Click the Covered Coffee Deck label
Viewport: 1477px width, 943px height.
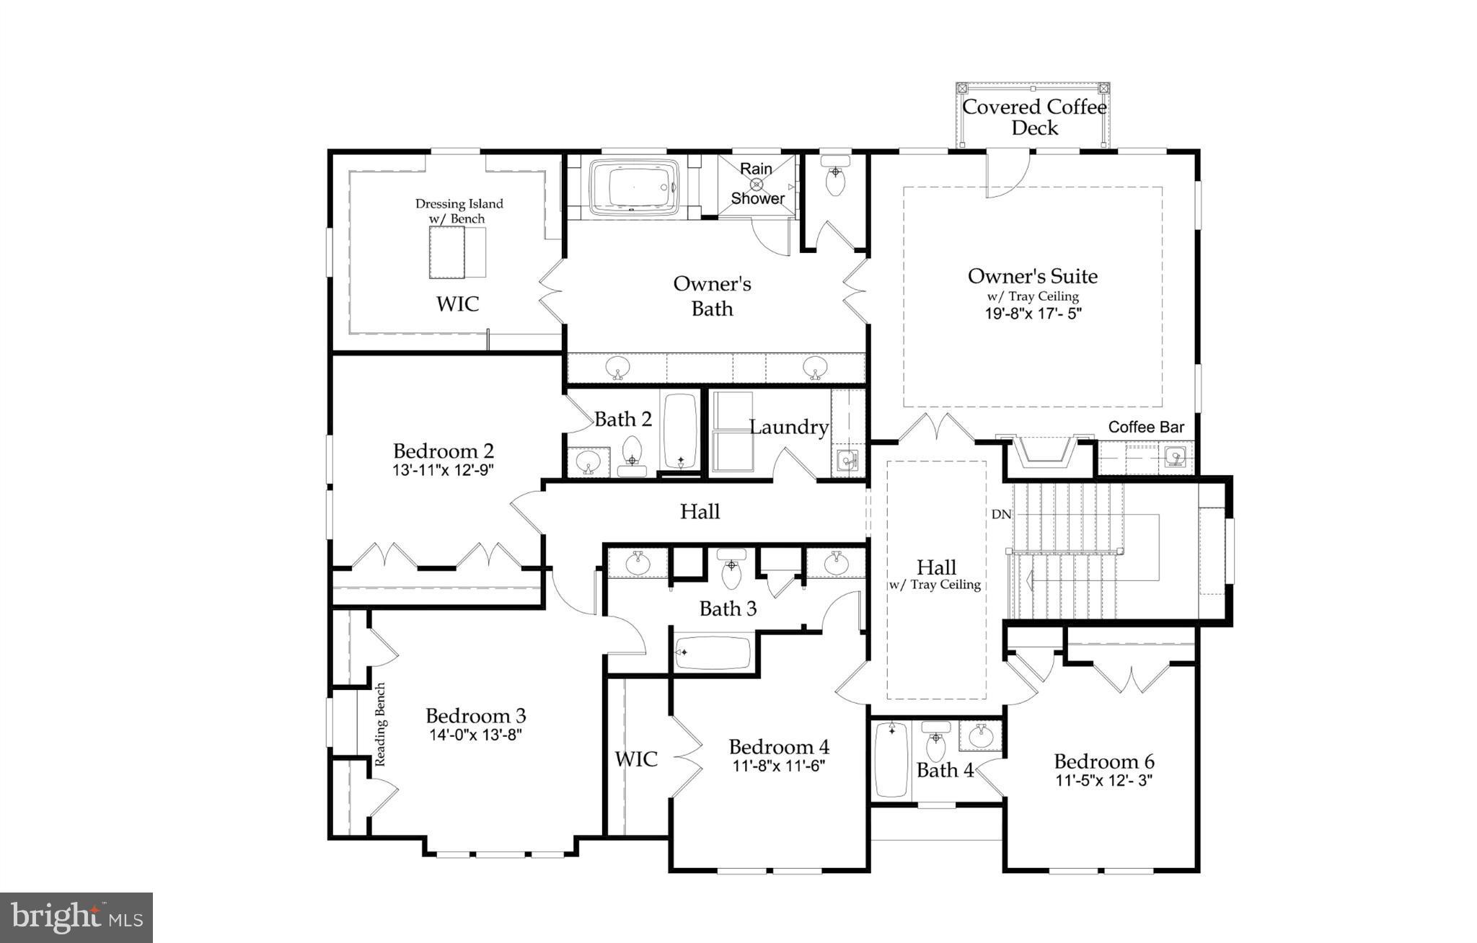pos(1034,117)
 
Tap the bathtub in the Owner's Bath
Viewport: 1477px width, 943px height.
pos(634,187)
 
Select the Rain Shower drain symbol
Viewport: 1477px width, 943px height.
pos(757,184)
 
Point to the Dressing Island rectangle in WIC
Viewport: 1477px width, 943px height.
pos(446,252)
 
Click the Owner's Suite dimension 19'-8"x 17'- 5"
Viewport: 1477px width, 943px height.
pos(1033,314)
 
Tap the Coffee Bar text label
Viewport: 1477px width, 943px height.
pos(1146,427)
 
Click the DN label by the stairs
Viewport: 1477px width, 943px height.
pos(1001,514)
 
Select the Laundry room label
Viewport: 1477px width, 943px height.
pos(788,427)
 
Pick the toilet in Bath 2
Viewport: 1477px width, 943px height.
pos(632,455)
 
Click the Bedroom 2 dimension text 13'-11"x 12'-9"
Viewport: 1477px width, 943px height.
pos(443,469)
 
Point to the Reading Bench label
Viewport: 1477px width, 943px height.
pos(381,724)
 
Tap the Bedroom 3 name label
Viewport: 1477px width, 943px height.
pos(475,716)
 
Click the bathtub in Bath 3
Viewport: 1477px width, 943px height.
pos(713,652)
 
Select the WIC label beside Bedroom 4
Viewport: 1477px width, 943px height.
pos(636,758)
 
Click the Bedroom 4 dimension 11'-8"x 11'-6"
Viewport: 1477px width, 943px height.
pos(778,766)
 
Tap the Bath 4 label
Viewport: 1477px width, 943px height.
pos(945,770)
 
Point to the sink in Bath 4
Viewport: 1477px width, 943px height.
pos(980,737)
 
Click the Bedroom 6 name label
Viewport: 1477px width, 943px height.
pos(1103,761)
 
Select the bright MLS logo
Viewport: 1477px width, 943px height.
pos(76,917)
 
